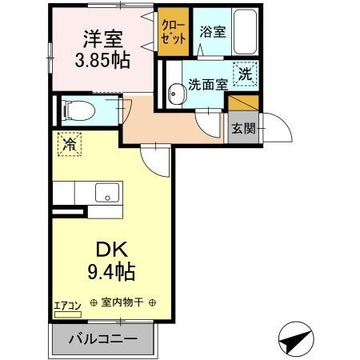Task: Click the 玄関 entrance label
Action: pos(242,128)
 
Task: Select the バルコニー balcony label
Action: pos(102,338)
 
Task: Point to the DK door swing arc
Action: pos(158,162)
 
